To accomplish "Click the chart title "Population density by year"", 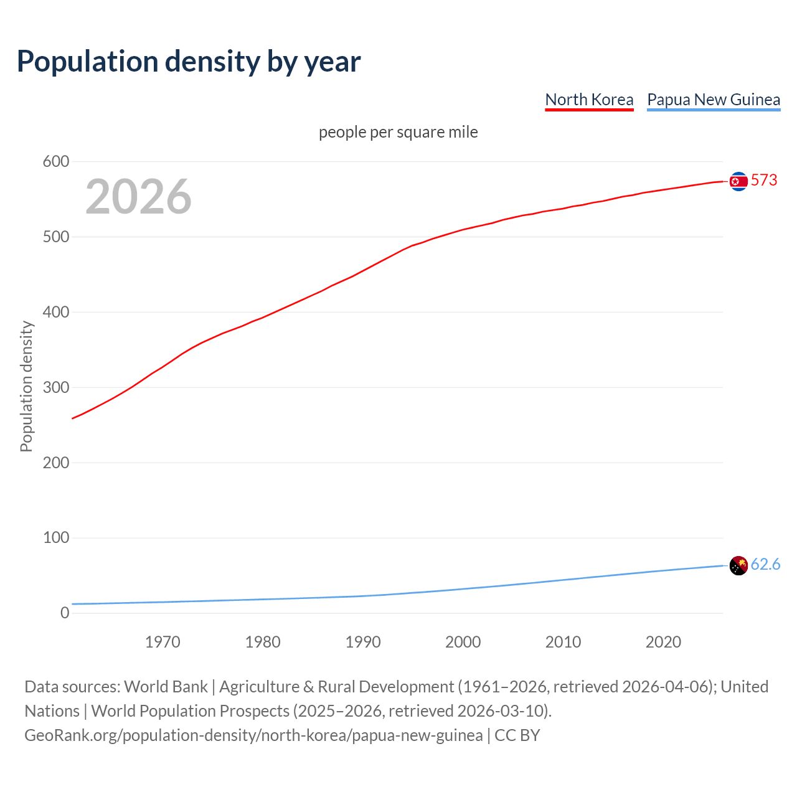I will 189,61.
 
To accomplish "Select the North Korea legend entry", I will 589,100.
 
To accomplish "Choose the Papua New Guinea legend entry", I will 714,100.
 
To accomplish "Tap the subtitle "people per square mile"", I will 398,132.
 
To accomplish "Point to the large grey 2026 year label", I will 138,197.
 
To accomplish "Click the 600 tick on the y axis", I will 56,162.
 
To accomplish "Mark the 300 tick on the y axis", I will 56,387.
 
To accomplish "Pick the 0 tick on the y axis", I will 65,613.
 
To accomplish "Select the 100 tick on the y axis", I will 56,537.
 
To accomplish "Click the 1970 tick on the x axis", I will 163,642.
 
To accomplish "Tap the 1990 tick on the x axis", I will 363,642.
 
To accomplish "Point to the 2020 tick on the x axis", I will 663,642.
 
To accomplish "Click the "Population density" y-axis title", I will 26,386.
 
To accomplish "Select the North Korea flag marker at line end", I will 738,181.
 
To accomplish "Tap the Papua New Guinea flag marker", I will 738,565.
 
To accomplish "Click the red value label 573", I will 764,181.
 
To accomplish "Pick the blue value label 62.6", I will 765,564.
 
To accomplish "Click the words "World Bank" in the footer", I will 166,687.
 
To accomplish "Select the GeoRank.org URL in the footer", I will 253,735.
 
